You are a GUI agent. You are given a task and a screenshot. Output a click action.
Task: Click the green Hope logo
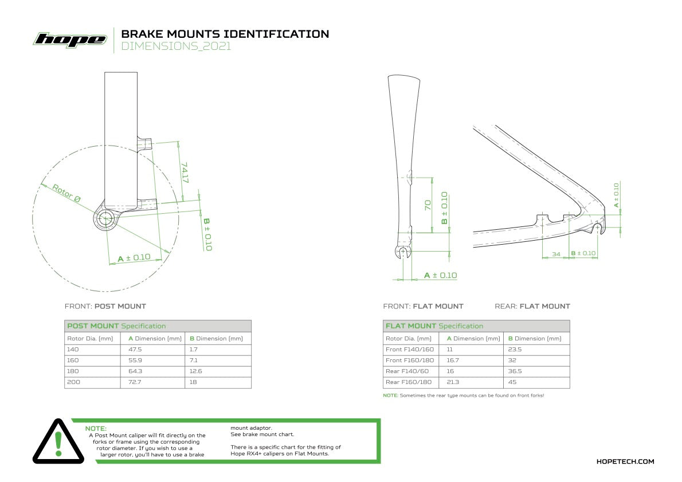tap(70, 40)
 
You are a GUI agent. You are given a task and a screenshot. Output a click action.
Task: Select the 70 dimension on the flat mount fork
tap(427, 205)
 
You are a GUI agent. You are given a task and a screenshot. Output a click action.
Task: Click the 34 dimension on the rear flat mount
tap(555, 253)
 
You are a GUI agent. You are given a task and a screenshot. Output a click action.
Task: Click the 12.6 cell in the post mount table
tap(196, 371)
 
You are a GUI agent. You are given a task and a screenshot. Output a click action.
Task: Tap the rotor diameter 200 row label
tap(73, 382)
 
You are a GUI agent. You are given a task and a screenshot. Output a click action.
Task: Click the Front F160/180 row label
tap(410, 360)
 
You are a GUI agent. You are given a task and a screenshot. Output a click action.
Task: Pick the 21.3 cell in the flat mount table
tap(454, 382)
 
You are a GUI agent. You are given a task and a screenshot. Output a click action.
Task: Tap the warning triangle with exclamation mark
tap(57, 442)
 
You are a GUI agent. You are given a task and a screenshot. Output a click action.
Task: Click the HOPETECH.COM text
tap(625, 461)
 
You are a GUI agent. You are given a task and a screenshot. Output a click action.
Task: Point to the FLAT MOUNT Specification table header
tap(434, 326)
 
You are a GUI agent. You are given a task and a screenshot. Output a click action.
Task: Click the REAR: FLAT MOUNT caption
tap(532, 306)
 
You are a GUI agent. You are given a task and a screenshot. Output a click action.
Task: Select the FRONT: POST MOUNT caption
tap(105, 306)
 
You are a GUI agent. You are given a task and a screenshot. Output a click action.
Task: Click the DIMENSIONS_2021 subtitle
tap(176, 47)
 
